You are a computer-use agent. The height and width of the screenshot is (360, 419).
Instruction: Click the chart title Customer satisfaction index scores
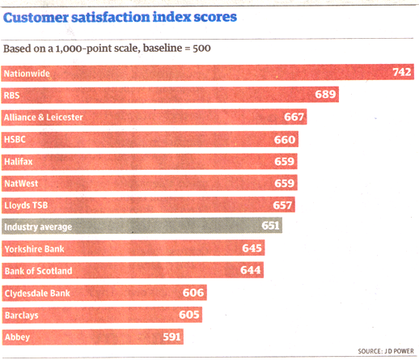(x=121, y=17)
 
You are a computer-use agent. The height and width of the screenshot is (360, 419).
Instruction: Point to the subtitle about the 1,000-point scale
(x=108, y=49)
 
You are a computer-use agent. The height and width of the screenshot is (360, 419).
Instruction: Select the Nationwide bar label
(x=27, y=73)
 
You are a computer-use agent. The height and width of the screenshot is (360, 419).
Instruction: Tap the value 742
(x=402, y=73)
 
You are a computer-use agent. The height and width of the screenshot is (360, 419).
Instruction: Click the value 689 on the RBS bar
(x=325, y=95)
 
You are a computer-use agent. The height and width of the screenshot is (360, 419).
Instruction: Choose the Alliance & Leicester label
(x=44, y=117)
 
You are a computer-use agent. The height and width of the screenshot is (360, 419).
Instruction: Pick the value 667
(x=294, y=117)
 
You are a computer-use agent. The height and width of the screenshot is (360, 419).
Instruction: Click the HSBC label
(x=15, y=139)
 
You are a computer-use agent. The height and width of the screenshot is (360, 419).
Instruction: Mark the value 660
(x=286, y=139)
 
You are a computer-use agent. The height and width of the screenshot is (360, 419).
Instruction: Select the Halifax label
(x=19, y=161)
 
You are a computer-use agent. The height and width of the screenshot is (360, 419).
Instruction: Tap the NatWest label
(x=22, y=183)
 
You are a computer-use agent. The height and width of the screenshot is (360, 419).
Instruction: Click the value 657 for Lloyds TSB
(x=283, y=205)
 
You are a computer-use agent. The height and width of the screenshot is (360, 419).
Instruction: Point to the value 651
(x=271, y=227)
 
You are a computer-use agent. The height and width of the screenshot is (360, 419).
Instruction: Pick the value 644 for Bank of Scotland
(x=251, y=270)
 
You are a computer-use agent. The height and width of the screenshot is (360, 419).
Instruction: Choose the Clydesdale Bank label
(x=37, y=292)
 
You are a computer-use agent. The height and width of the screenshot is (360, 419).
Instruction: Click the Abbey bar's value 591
(x=171, y=336)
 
